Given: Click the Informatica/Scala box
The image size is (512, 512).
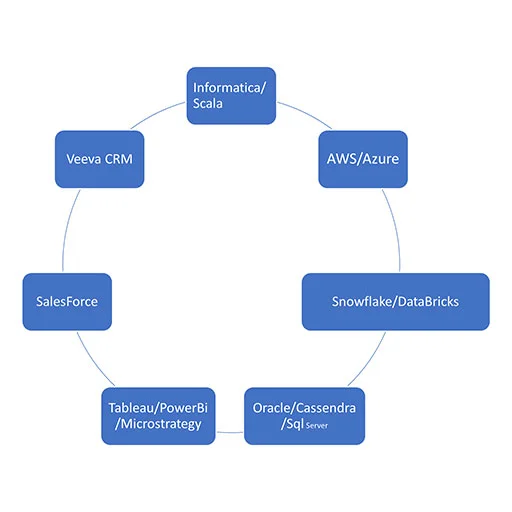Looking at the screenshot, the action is click(x=231, y=96).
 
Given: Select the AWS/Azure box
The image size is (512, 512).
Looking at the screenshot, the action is click(x=363, y=159).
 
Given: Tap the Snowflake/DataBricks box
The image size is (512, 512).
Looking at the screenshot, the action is click(x=396, y=302).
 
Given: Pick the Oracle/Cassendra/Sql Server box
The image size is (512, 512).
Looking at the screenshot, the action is click(x=304, y=416).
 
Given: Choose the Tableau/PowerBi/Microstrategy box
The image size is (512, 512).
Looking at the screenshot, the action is click(x=158, y=416).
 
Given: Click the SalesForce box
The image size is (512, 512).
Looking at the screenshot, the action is click(x=67, y=302).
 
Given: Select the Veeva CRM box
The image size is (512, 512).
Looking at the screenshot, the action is click(x=99, y=159).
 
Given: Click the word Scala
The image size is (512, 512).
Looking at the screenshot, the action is click(x=208, y=103).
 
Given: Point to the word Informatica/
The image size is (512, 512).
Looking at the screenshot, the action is click(x=229, y=88).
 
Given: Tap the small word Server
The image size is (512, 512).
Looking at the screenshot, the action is click(x=317, y=426).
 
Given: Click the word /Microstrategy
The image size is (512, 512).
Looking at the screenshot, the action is click(x=158, y=424).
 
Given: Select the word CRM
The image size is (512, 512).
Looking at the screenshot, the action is click(x=118, y=159).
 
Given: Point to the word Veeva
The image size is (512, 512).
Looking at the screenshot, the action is click(x=84, y=159).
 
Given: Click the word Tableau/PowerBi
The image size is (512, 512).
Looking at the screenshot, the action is click(x=158, y=408).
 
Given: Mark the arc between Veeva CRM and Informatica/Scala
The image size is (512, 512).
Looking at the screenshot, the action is click(x=156, y=113).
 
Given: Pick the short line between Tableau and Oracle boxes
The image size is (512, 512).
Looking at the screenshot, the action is click(x=230, y=432).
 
